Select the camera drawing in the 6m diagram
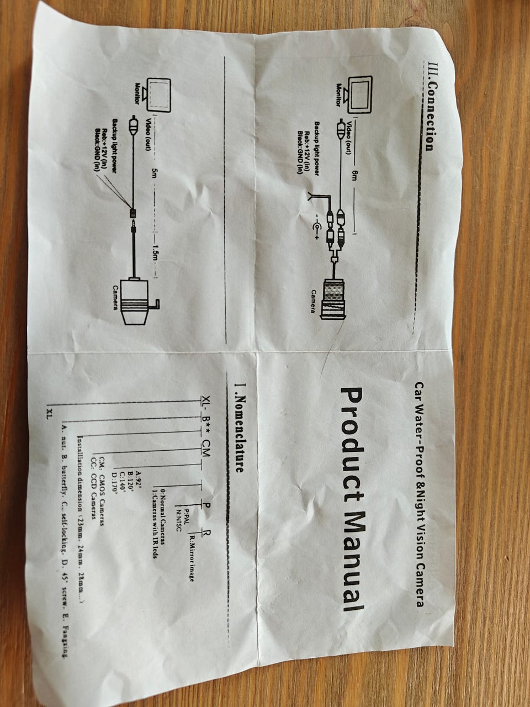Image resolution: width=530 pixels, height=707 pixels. [333, 299]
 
